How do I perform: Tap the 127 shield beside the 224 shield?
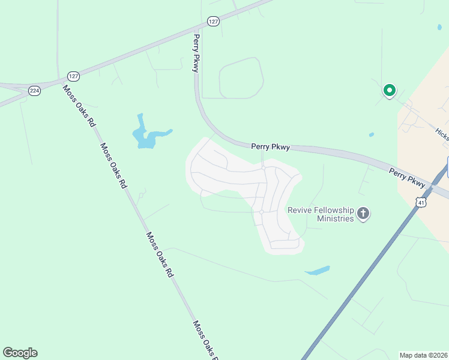point(73,76)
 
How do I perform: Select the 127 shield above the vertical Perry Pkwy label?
point(213,21)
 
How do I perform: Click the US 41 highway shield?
point(421,203)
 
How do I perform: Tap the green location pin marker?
point(389,91)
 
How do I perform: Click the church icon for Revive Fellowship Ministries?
point(363,214)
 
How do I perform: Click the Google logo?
point(20,353)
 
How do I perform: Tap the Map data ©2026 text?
point(423,355)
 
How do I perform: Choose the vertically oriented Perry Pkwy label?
point(196,53)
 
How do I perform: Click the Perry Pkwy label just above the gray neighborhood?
point(270,146)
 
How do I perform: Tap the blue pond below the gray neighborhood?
point(318,271)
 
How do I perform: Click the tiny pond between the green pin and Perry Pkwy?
point(372,134)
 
